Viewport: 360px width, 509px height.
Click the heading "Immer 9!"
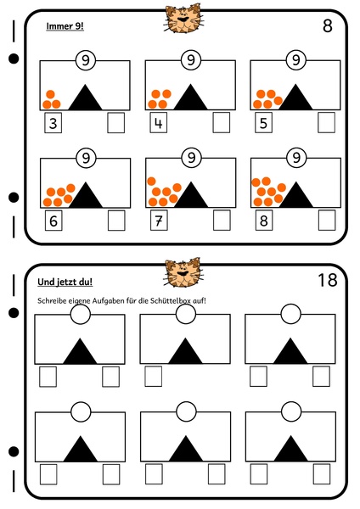pos(65,26)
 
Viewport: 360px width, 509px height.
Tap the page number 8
pos(328,25)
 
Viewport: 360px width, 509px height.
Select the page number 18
pos(328,280)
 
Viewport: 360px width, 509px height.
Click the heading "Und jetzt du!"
pos(65,282)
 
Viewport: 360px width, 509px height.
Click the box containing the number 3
pos(53,123)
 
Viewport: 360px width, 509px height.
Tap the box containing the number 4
pos(158,123)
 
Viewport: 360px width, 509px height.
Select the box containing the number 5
pos(263,123)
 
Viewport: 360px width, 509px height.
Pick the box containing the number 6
pos(53,221)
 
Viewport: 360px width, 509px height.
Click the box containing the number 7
pos(159,221)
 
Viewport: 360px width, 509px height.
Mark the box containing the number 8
pos(264,221)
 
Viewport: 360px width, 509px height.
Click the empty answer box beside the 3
pos(116,123)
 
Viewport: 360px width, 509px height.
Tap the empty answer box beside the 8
pos(327,221)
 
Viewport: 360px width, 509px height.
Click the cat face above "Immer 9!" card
pos(183,18)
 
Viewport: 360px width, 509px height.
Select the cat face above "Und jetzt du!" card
pos(183,272)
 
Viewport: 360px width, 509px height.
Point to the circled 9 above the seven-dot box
pos(191,158)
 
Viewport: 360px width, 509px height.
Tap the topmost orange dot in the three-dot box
pos(50,94)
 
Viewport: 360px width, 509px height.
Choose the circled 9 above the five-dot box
pos(295,60)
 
